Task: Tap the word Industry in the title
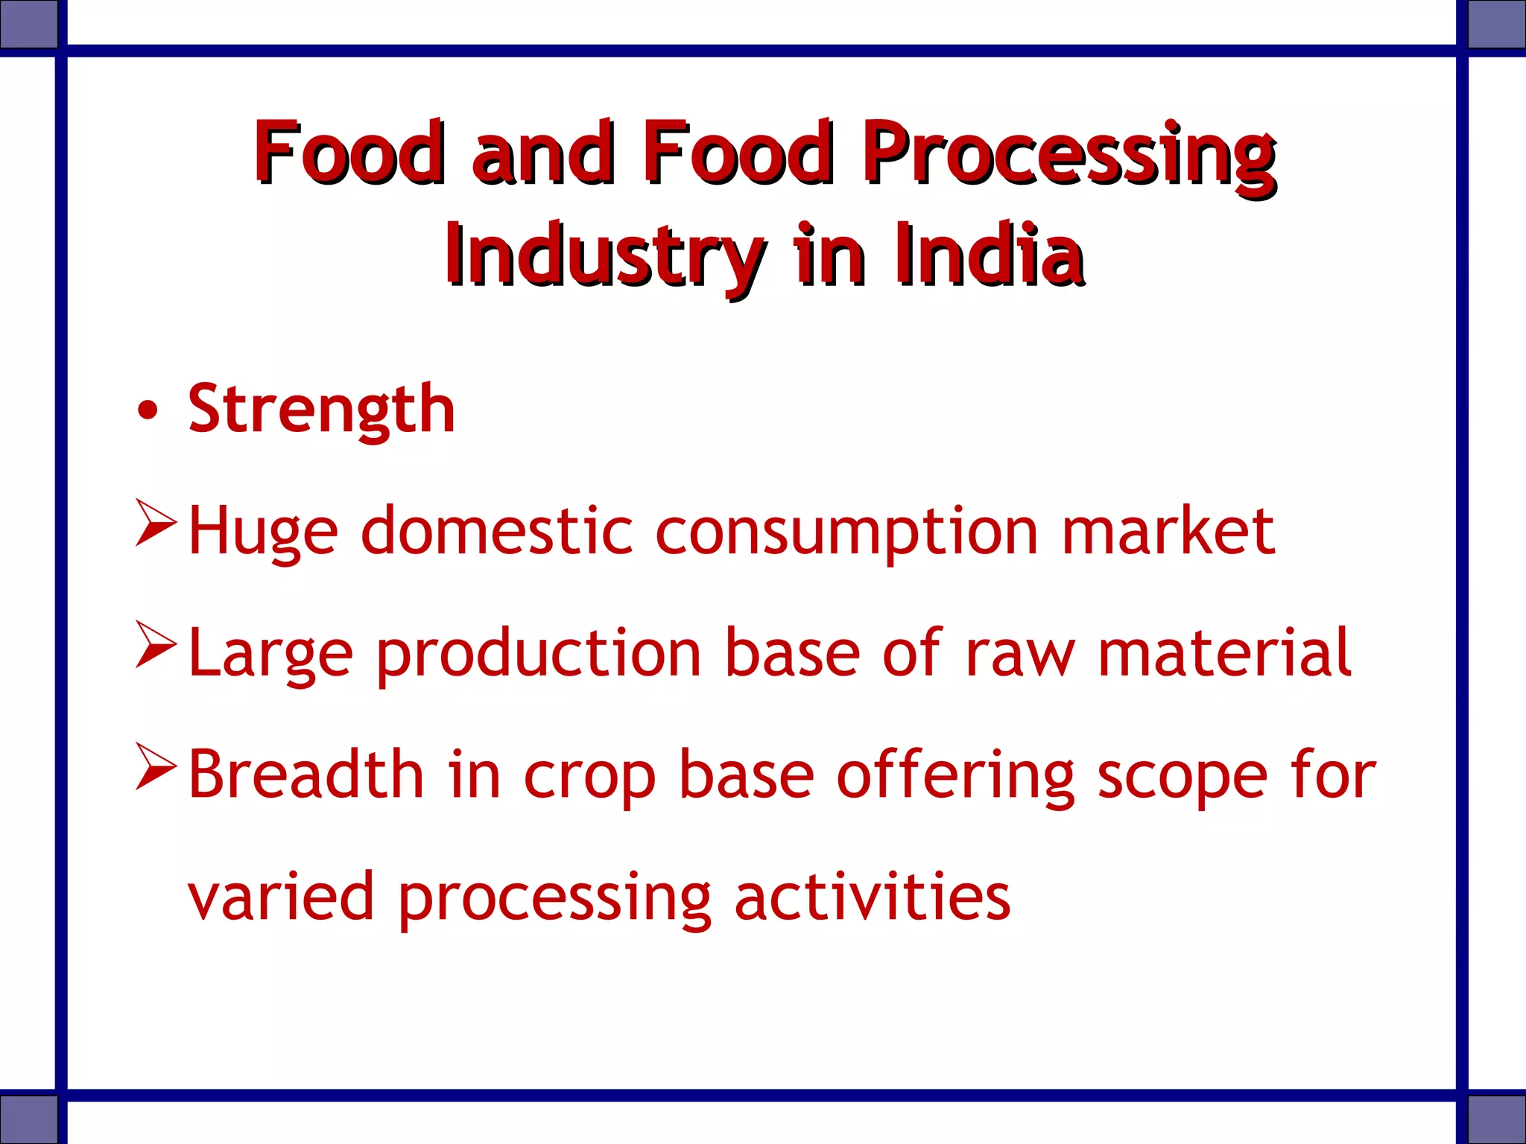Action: [605, 257]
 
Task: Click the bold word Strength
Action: [321, 410]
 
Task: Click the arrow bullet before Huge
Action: [156, 524]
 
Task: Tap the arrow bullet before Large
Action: [156, 645]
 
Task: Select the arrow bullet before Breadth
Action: [156, 767]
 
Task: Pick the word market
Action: [1168, 532]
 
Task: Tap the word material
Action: [1224, 653]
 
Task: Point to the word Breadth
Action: [306, 775]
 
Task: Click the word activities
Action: [872, 897]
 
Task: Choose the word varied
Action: [280, 897]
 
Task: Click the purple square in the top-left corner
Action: [28, 24]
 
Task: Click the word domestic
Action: [496, 532]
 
